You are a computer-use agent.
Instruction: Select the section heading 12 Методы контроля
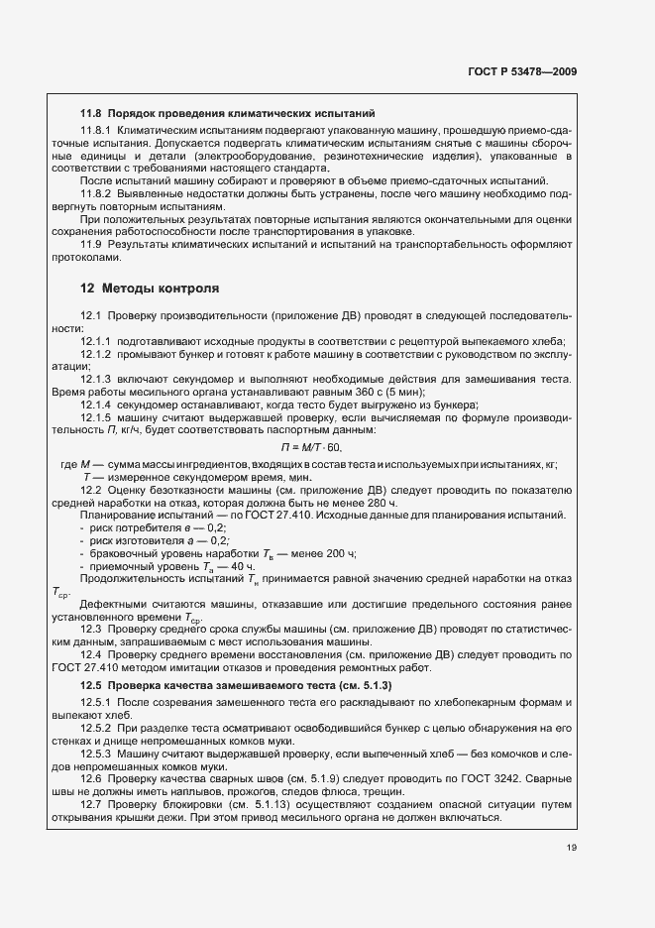coord(143,289)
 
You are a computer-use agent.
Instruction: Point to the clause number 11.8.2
coord(98,193)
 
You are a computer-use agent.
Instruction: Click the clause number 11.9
coord(92,243)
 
